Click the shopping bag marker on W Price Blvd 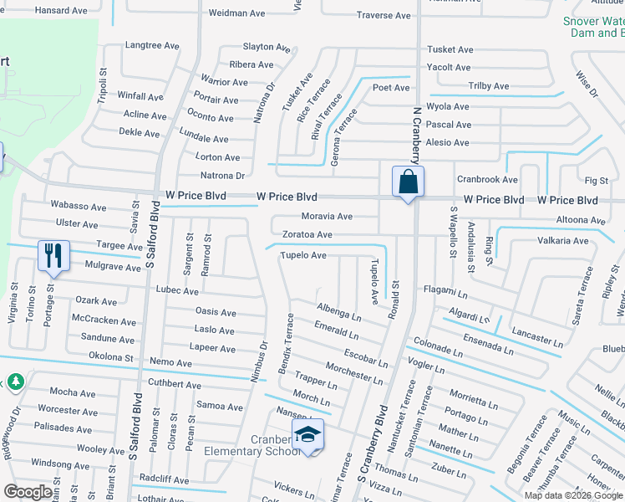click(408, 182)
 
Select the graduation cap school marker click(307, 435)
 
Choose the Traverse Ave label click(384, 15)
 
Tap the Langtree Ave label click(152, 45)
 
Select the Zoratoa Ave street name click(307, 235)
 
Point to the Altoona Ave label click(580, 220)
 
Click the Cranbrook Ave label click(487, 179)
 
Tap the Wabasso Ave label click(79, 206)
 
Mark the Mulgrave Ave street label click(113, 267)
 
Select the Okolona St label click(111, 356)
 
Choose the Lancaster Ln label click(537, 336)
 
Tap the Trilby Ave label click(488, 86)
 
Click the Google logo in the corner click(28, 492)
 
